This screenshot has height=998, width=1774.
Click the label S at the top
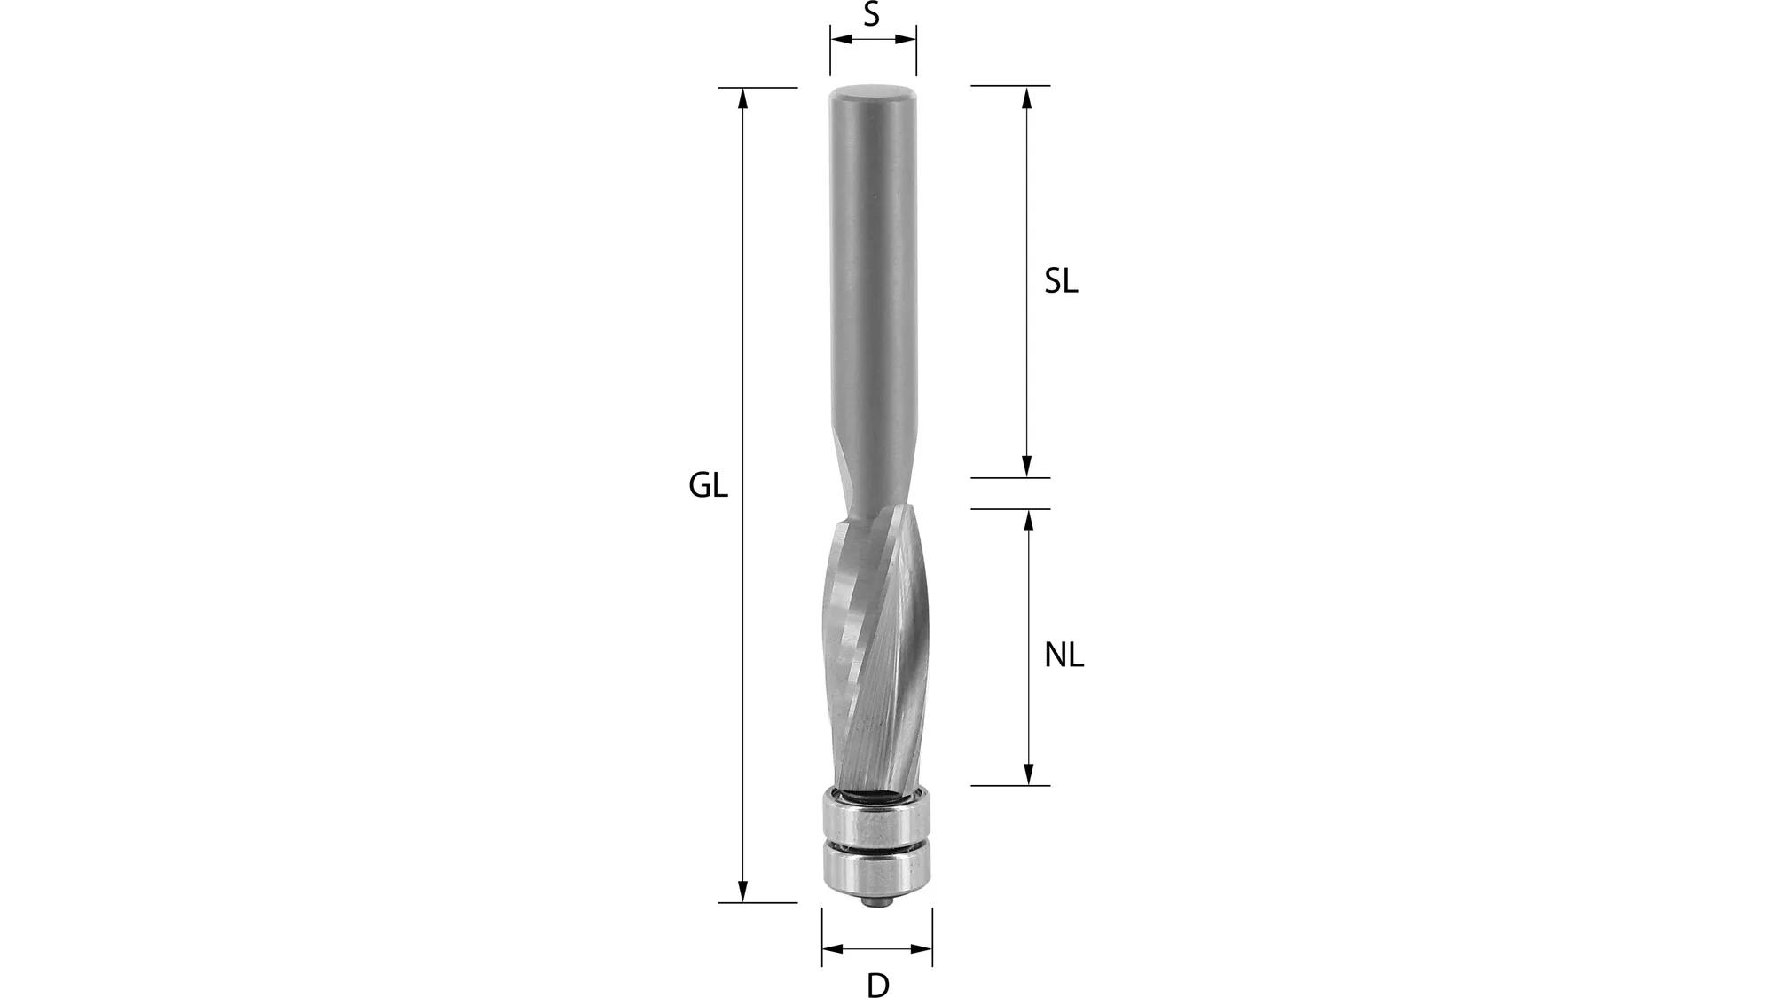pyautogui.click(x=872, y=14)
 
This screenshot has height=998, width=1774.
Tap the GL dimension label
pyautogui.click(x=708, y=486)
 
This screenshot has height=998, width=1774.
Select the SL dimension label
pyautogui.click(x=1061, y=282)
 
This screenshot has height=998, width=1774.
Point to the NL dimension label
pyautogui.click(x=1064, y=656)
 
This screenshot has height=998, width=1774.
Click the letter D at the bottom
pyautogui.click(x=877, y=985)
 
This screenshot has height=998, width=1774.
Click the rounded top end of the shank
pyautogui.click(x=873, y=91)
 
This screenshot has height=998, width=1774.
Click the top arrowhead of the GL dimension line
pyautogui.click(x=743, y=97)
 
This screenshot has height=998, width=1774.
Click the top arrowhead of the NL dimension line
pyautogui.click(x=1029, y=519)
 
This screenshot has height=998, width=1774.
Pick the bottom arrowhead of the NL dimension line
pyautogui.click(x=1029, y=775)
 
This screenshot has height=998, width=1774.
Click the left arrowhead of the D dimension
pyautogui.click(x=831, y=949)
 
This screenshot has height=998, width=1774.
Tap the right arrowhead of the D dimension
pyautogui.click(x=923, y=949)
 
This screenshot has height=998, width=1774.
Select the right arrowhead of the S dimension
pyautogui.click(x=907, y=39)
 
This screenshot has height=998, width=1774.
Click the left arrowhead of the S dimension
pyautogui.click(x=839, y=39)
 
